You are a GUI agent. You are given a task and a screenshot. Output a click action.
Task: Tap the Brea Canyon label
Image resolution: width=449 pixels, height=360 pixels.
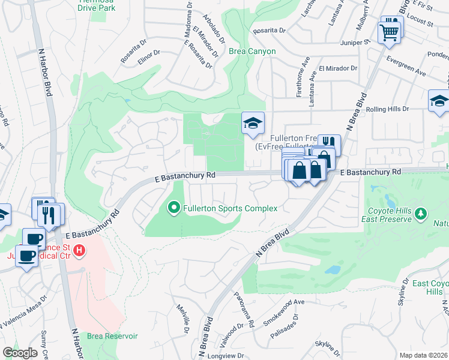[252, 52]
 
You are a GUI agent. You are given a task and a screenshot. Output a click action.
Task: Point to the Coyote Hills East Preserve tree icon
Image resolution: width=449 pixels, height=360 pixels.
[421, 213]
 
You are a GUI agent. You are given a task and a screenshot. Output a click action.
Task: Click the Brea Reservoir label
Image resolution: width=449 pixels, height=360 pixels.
[112, 336]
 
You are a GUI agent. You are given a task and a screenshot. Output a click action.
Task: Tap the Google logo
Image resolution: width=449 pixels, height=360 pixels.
[20, 353]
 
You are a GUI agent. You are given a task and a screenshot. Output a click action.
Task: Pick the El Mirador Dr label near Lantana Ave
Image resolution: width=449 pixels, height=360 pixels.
[338, 69]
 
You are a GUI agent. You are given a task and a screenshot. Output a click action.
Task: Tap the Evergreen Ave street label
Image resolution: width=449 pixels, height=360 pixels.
[406, 72]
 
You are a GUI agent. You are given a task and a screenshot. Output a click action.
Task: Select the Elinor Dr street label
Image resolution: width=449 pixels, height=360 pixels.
[148, 53]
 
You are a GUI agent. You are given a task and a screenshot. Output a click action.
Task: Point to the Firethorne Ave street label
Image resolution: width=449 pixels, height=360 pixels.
[298, 85]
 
